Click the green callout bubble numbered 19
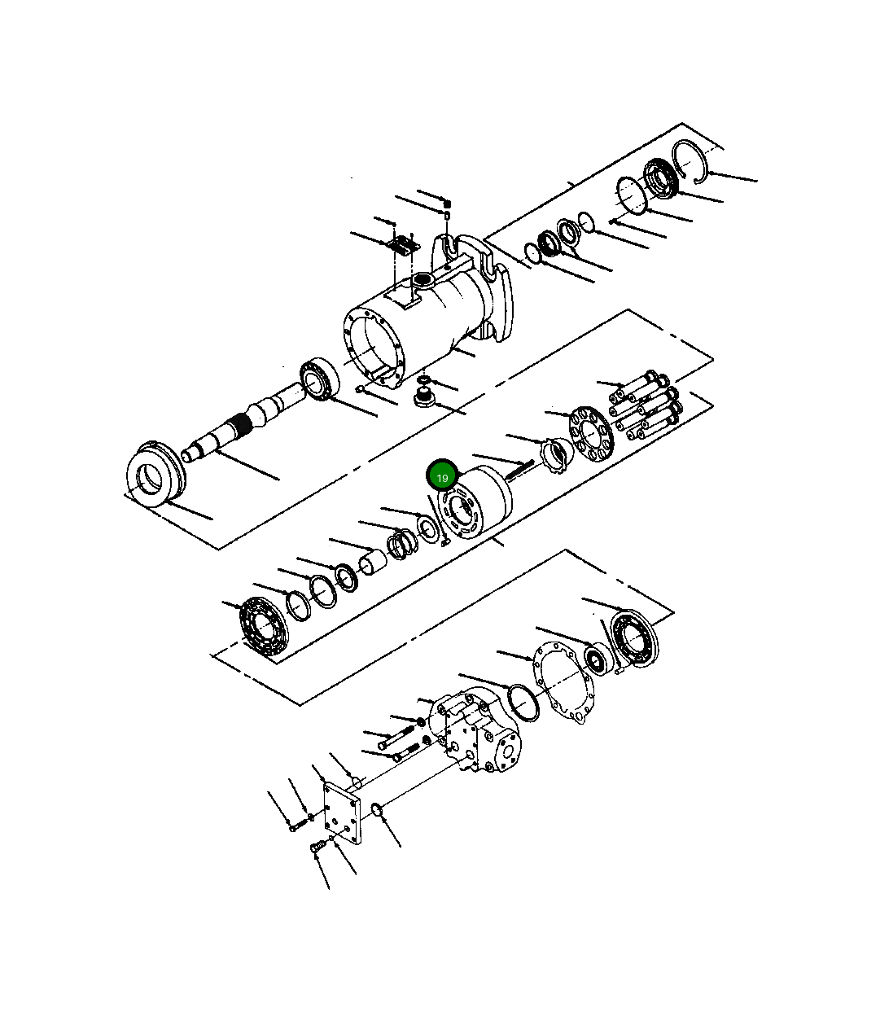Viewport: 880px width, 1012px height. pos(442,477)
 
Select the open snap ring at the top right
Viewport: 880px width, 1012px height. pos(691,159)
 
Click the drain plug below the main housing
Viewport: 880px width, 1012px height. pos(422,398)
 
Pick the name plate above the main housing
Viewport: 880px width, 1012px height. pos(401,243)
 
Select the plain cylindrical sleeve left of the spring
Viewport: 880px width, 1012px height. pos(374,562)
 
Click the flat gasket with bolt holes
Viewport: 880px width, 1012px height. pos(563,684)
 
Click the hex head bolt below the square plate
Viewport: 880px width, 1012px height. pos(317,849)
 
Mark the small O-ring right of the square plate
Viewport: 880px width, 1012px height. pos(377,808)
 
